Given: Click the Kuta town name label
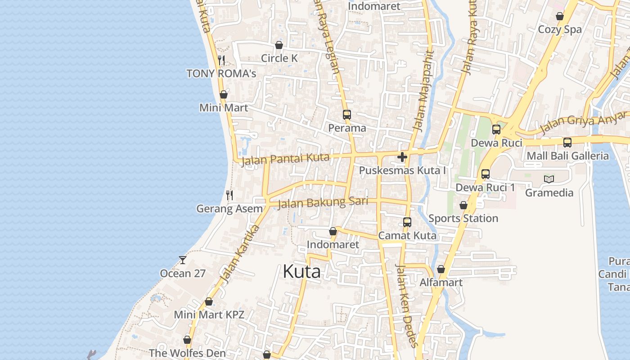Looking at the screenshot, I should (x=301, y=272).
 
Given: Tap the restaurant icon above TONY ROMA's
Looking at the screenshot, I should (x=221, y=60).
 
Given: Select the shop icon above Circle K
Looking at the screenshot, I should (x=279, y=45).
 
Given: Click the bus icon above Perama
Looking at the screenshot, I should (x=346, y=115).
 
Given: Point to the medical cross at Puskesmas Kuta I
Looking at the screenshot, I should (x=402, y=157).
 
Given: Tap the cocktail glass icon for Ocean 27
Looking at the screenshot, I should (x=183, y=260).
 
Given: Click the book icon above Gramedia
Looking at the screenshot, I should (x=549, y=180).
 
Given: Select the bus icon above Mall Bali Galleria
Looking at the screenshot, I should (x=567, y=143).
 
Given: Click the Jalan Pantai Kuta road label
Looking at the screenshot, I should (x=285, y=159).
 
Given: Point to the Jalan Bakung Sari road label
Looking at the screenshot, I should (x=323, y=202).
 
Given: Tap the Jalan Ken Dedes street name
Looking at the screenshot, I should (x=406, y=305).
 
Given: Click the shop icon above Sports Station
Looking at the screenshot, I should (x=463, y=205).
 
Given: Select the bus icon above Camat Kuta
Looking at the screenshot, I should (x=407, y=222).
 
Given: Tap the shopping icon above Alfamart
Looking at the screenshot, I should (x=441, y=270).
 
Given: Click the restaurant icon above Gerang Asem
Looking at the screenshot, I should (x=229, y=195).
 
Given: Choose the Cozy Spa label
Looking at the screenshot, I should (x=560, y=30).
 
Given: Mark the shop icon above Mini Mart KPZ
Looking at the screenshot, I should (x=209, y=301).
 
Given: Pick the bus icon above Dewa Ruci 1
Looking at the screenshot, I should (x=485, y=174).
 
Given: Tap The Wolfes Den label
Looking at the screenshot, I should (x=187, y=353).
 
